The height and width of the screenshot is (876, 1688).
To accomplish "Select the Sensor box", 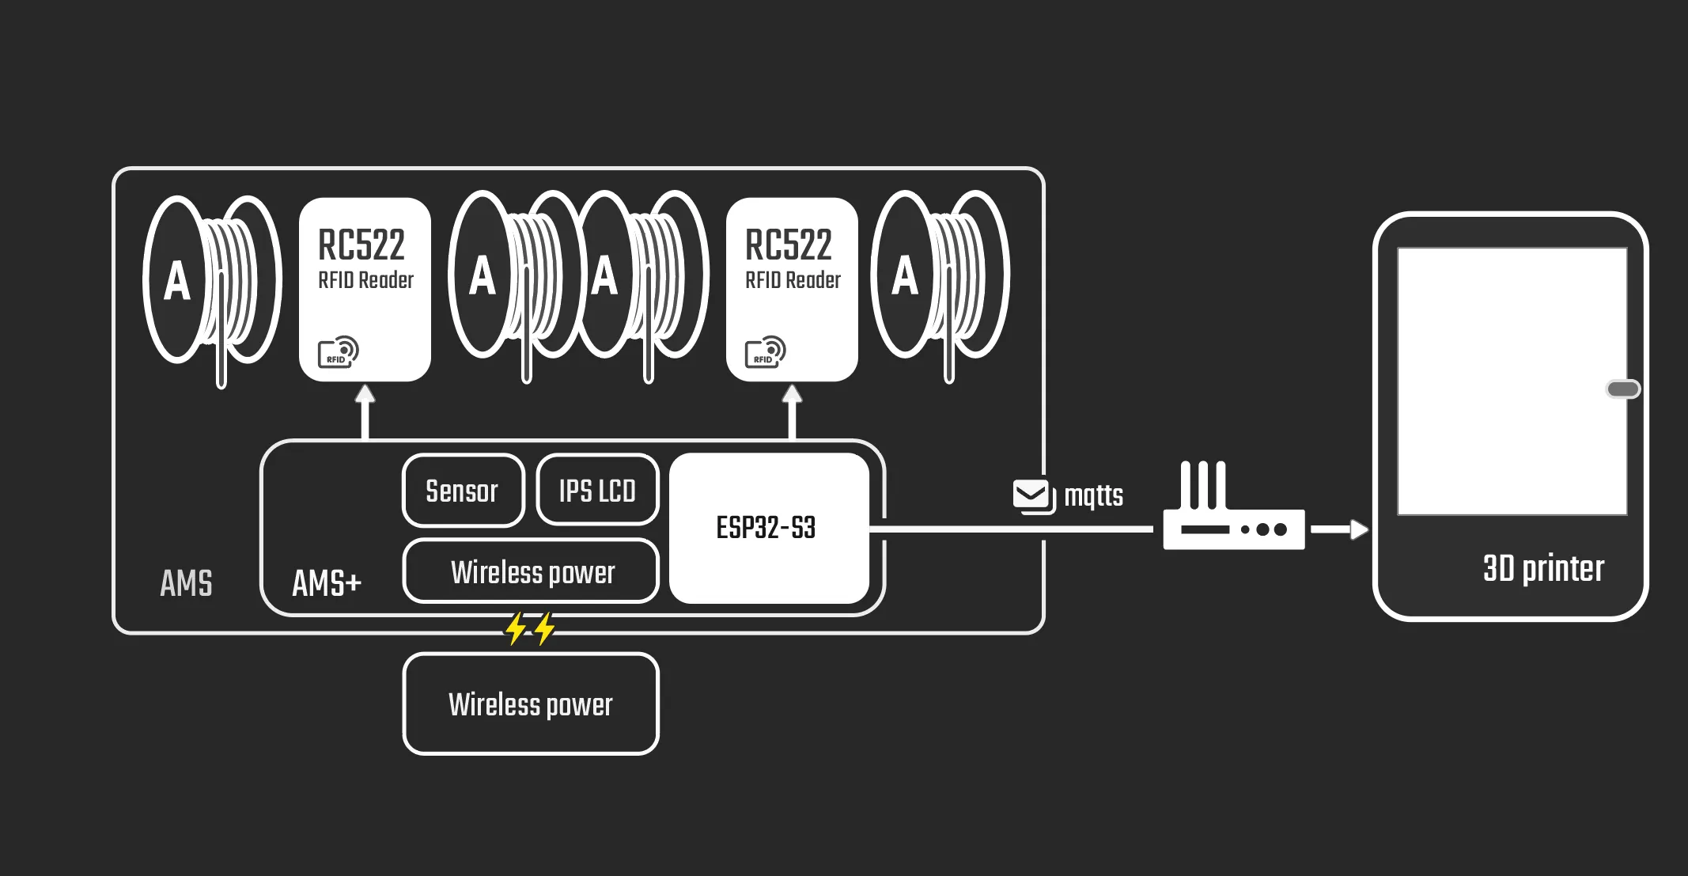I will coord(463,491).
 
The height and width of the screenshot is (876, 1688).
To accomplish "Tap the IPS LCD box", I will coord(597,491).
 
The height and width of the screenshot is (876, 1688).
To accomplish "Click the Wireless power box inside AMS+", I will coord(532,571).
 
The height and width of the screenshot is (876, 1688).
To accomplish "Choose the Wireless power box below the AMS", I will coord(531,703).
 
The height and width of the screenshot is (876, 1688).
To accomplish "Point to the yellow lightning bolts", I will coord(530,628).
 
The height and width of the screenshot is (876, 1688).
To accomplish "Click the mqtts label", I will coord(1093,495).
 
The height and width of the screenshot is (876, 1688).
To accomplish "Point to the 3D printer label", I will coord(1543,568).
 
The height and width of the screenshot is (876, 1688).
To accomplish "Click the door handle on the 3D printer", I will coord(1622,389).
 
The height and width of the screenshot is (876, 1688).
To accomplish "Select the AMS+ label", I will coord(327,583).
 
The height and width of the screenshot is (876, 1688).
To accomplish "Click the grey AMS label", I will coord(186,583).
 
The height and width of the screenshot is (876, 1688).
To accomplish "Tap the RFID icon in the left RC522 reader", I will coord(338,352).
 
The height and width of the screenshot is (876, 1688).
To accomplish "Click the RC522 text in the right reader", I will coord(789,245).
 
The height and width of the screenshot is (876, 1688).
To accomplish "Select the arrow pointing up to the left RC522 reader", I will coord(365,411).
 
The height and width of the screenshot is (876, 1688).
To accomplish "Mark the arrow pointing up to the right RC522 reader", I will coord(792,411).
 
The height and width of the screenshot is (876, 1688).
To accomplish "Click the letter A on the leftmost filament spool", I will coord(177,281).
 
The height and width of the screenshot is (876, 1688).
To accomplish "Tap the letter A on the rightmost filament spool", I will coord(905,276).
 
